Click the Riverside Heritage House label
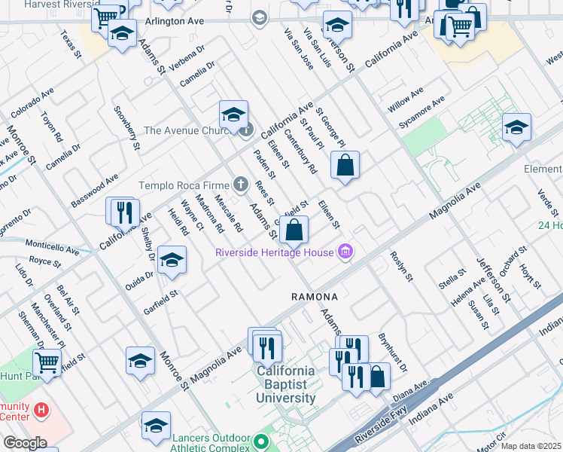[x=274, y=252]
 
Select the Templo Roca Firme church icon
[x=240, y=184]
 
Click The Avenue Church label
[x=190, y=130]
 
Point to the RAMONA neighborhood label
[x=315, y=297]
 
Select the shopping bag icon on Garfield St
[x=297, y=229]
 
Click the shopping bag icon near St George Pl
[x=345, y=166]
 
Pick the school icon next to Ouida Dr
[x=172, y=261]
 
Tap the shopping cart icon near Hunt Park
[x=47, y=362]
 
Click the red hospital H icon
[x=41, y=411]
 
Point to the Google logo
[x=24, y=443]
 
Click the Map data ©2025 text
[x=531, y=446]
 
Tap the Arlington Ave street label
[x=175, y=22]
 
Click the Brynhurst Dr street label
[x=392, y=353]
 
